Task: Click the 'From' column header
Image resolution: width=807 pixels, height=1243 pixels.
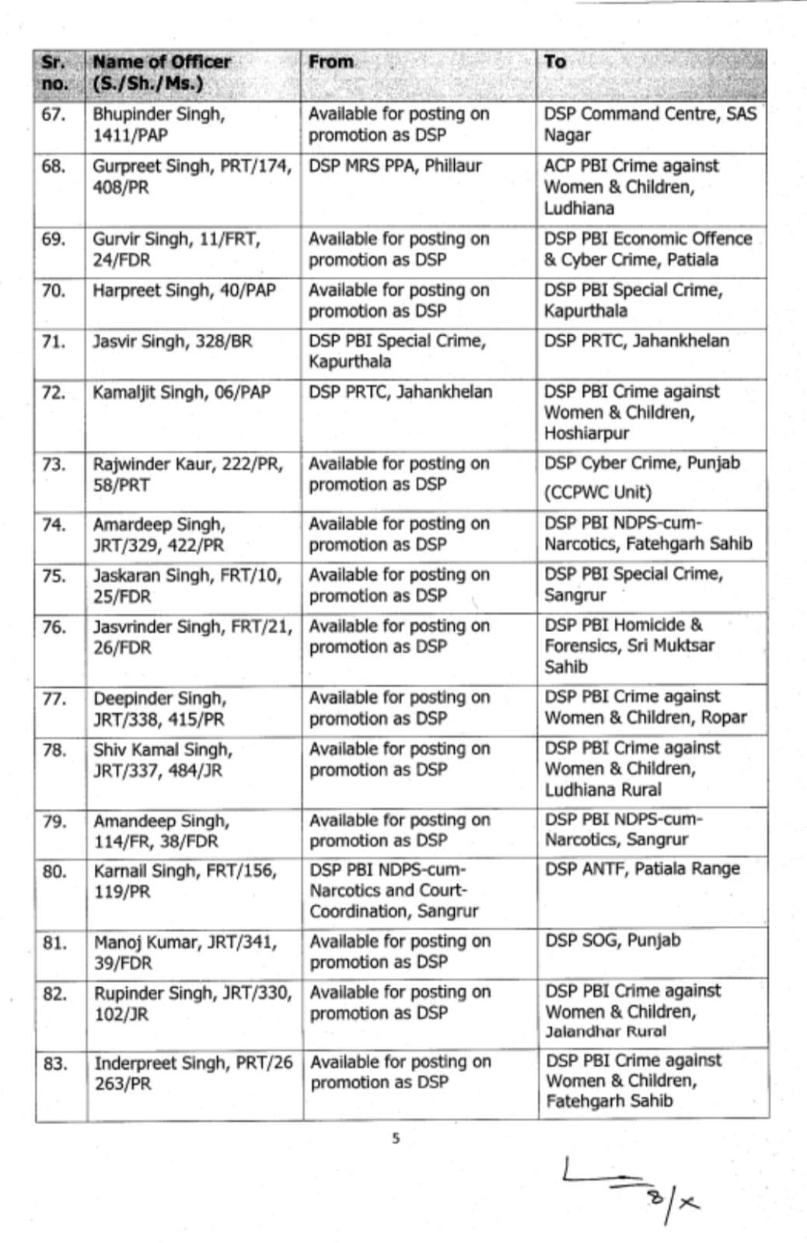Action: click(x=330, y=62)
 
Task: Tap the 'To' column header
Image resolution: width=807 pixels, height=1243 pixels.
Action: click(x=554, y=62)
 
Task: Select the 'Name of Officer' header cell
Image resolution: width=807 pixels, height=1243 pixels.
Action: click(x=161, y=72)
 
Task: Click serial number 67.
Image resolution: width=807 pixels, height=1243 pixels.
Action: click(x=54, y=115)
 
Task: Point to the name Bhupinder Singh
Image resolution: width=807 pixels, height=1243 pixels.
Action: click(x=159, y=115)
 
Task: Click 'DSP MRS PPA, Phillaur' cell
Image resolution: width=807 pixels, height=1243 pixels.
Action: click(x=394, y=166)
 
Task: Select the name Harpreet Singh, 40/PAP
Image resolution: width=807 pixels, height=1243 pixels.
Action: click(x=183, y=291)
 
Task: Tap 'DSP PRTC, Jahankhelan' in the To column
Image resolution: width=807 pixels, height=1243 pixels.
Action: click(x=636, y=341)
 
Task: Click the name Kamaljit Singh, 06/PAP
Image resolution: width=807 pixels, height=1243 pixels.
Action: click(x=181, y=393)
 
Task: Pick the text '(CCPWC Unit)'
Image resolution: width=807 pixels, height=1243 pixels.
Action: click(x=597, y=493)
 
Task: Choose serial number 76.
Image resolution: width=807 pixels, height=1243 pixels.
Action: click(x=54, y=627)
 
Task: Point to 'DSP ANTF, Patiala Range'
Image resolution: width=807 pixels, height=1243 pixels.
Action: click(x=641, y=869)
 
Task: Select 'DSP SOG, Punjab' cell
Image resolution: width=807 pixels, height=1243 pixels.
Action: click(x=613, y=941)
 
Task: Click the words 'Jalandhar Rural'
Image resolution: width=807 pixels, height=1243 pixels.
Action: click(x=605, y=1032)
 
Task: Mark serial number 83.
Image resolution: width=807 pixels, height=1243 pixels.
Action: click(x=55, y=1063)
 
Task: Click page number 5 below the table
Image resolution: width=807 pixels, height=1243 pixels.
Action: click(x=396, y=1139)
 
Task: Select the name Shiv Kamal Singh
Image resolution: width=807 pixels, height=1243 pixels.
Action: click(x=162, y=750)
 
